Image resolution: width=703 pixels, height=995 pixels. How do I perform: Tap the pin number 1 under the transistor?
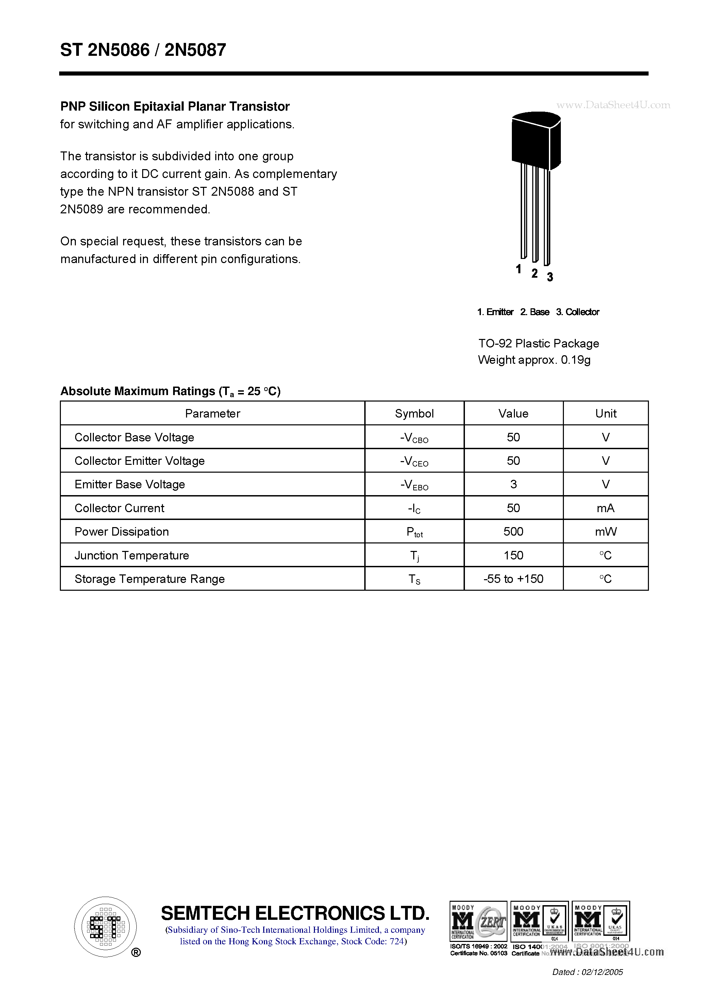[518, 269]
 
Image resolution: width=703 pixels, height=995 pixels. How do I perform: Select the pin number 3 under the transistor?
[550, 277]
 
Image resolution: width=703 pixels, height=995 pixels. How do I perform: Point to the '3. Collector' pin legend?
[578, 312]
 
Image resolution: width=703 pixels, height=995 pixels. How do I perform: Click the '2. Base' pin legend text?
[535, 312]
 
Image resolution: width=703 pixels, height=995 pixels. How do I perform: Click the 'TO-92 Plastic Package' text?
[538, 344]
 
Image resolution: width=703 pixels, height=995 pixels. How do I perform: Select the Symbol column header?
[414, 413]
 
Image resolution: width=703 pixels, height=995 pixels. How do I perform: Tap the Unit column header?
[605, 413]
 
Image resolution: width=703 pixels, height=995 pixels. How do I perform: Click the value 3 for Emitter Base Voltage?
[513, 484]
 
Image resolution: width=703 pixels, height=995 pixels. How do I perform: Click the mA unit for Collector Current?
[605, 508]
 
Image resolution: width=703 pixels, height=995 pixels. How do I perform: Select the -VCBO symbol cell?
[414, 438]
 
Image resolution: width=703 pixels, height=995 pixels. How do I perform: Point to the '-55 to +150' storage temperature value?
[513, 579]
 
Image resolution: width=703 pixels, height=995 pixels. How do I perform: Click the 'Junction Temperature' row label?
[132, 556]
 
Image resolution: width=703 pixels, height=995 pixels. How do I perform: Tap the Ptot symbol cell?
[414, 532]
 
